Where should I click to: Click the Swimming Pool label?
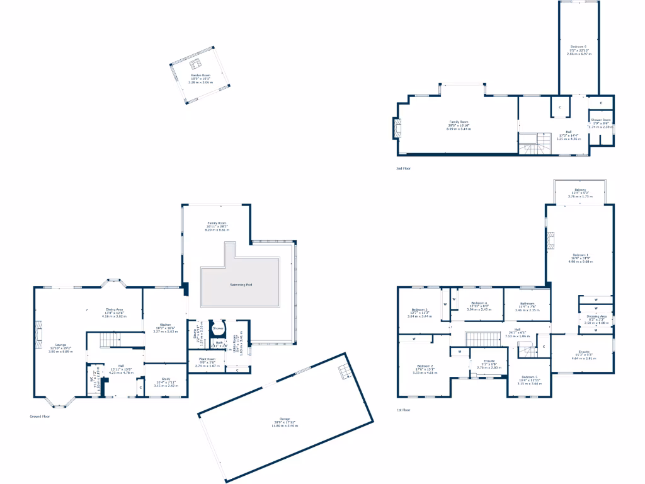240,285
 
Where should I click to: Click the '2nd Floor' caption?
402,168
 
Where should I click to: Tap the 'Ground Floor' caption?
40,416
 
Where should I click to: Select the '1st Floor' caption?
403,410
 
